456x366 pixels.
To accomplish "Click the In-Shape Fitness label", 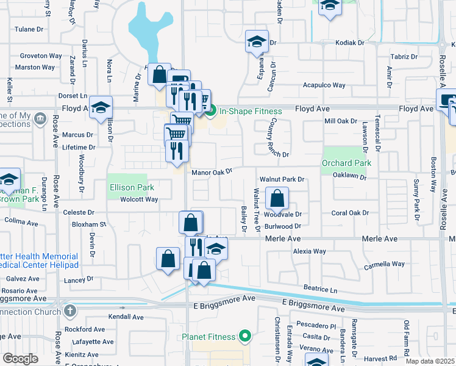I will pos(251,111).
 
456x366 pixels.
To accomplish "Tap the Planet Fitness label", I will pos(208,337).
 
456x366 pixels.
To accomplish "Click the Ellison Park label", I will pos(127,188).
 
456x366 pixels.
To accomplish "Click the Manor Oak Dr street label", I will pos(212,172).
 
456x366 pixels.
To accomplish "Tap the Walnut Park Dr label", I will pos(281,179).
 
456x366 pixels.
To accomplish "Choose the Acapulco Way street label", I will pos(324,85).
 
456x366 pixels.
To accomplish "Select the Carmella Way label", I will pos(384,264).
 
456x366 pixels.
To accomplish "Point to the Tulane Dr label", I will pos(30,29).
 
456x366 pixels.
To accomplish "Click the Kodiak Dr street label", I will pos(350,43).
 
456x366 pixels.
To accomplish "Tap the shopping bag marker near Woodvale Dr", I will pos(277,198).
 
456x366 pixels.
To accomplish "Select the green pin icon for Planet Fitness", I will pos(244,336).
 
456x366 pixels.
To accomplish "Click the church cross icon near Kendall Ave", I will pos(69,310).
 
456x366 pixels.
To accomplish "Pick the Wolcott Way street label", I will pos(139,199).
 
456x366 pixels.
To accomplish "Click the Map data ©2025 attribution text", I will pos(430,361).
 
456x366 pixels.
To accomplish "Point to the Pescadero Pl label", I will pos(316,326).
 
